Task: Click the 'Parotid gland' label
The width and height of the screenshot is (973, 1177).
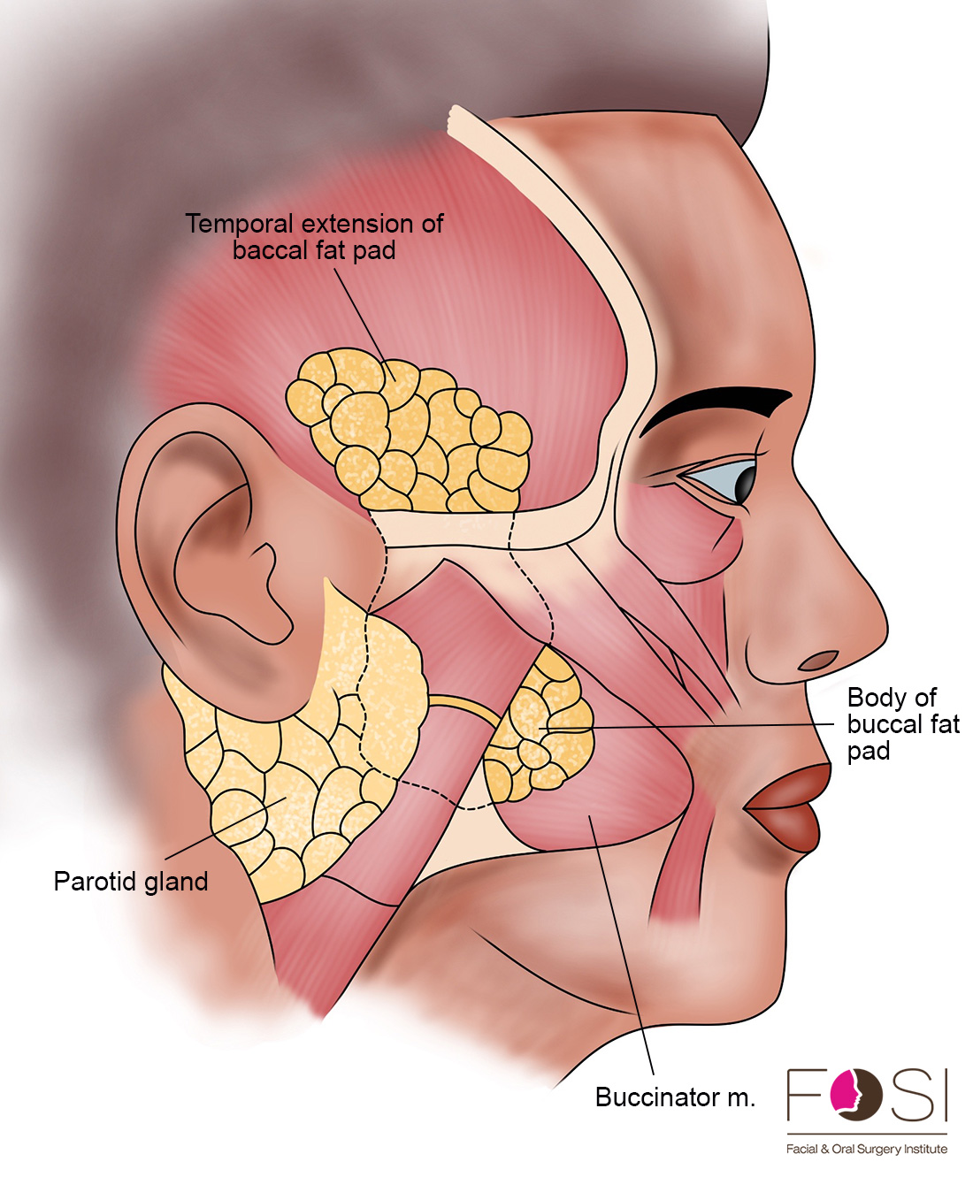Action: (131, 881)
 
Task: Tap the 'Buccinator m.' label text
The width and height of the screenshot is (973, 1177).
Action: (675, 1097)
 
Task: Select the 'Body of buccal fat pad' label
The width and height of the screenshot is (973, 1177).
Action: (903, 724)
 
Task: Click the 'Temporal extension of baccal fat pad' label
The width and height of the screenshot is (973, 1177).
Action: (314, 237)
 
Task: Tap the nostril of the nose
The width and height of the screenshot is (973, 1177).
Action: (818, 660)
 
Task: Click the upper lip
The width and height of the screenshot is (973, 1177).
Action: (790, 786)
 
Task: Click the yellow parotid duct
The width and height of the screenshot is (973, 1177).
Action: (464, 707)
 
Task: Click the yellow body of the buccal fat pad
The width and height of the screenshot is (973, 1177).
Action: (539, 727)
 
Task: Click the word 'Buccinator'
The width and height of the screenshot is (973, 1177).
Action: (656, 1097)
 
